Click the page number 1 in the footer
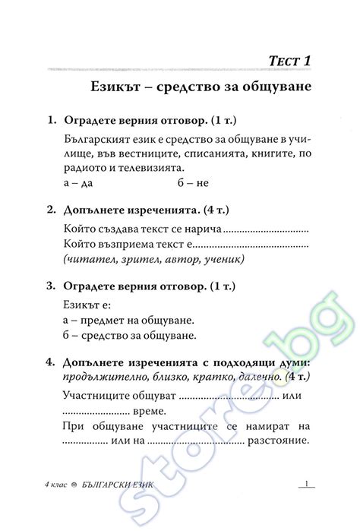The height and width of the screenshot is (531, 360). [305, 484]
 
